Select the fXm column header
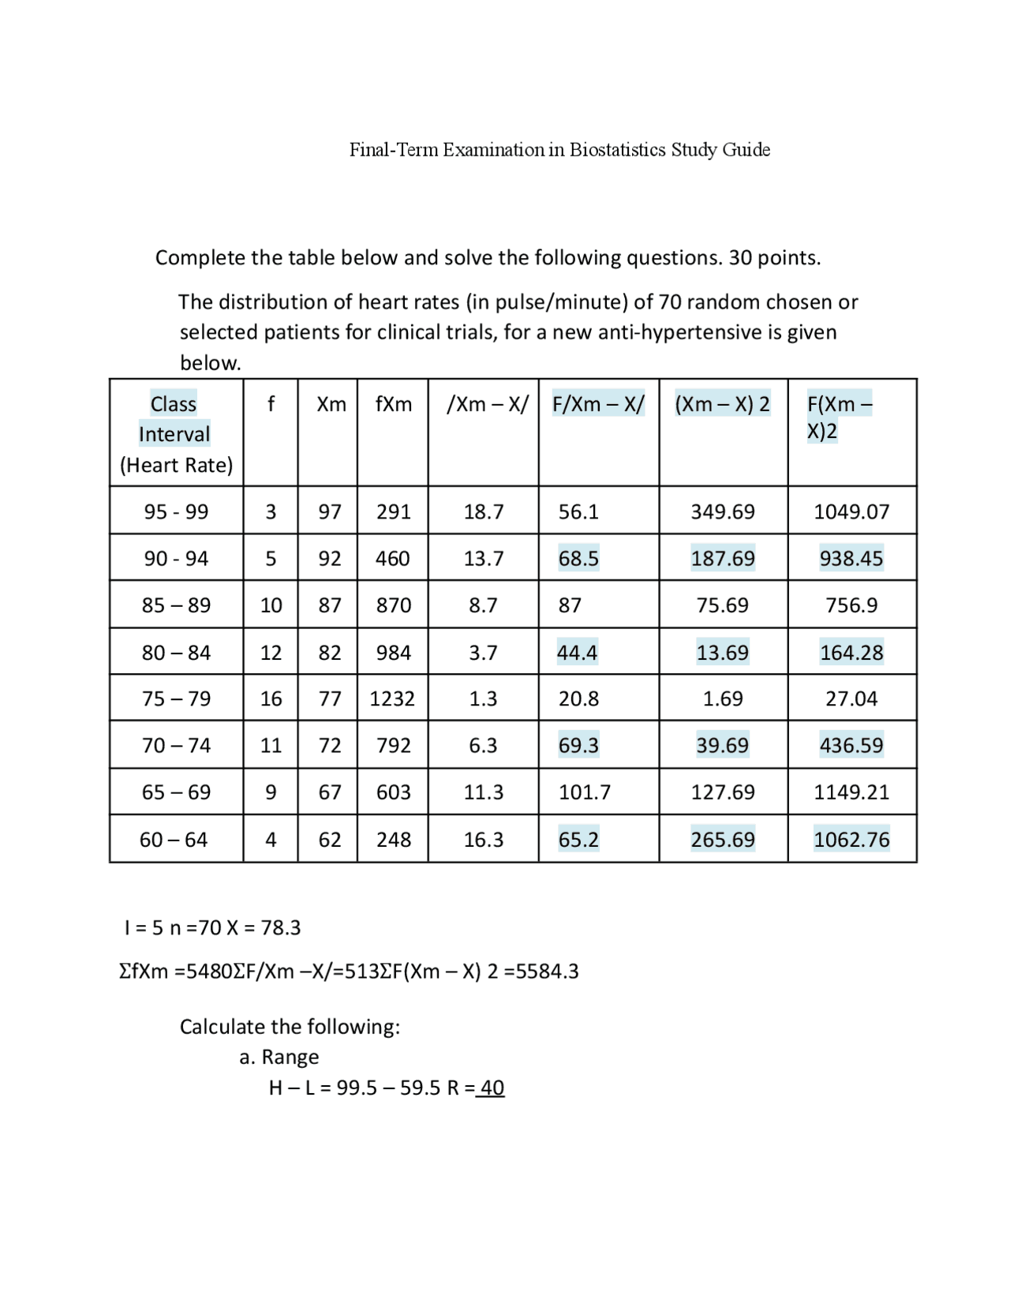click(393, 404)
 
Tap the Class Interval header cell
click(174, 419)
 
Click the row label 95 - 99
click(176, 511)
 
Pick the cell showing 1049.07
click(851, 511)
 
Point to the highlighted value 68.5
click(578, 558)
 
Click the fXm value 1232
click(392, 698)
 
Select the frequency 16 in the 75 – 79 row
click(271, 698)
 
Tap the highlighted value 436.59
click(851, 745)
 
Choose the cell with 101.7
click(585, 792)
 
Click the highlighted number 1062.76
click(851, 839)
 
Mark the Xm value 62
click(330, 839)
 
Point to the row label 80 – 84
click(176, 653)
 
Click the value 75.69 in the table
click(722, 605)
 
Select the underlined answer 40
click(492, 1088)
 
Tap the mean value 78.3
click(281, 927)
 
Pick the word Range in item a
click(290, 1057)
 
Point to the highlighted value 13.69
click(722, 653)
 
